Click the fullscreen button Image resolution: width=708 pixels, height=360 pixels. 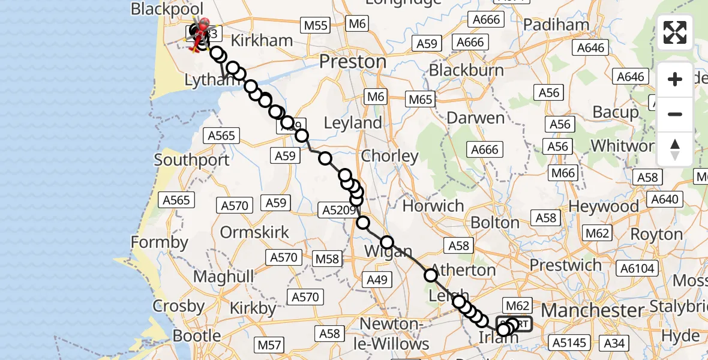[x=675, y=32]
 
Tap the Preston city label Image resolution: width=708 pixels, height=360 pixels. [x=353, y=62]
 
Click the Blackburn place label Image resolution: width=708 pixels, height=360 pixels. [x=466, y=70]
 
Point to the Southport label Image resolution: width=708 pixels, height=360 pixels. [x=191, y=160]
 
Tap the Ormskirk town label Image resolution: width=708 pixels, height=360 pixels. [x=255, y=232]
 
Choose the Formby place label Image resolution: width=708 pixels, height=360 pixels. [x=160, y=242]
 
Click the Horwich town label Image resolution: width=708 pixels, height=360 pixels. [x=433, y=206]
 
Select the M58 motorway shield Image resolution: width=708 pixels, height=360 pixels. [x=327, y=259]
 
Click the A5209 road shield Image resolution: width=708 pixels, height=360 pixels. [x=339, y=209]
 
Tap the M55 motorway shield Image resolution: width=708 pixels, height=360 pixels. [x=316, y=25]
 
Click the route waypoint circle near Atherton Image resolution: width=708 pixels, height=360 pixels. [x=431, y=275]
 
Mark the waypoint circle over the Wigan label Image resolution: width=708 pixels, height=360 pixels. [x=387, y=242]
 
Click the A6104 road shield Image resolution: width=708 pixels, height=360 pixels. [x=637, y=269]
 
